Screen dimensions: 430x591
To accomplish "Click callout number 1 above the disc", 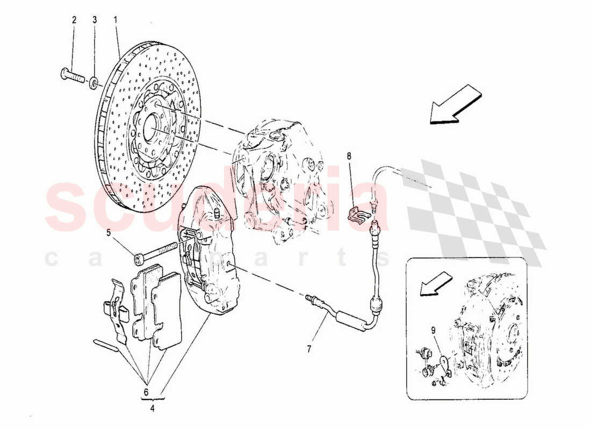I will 116,20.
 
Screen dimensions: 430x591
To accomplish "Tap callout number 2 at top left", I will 74,20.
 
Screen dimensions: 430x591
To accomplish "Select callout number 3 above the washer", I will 95,20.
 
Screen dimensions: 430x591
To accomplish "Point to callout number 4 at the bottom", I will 152,408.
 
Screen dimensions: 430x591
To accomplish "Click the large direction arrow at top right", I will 456,105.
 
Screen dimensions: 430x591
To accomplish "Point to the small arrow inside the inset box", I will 434,283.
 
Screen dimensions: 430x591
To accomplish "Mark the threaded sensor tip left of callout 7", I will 311,297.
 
